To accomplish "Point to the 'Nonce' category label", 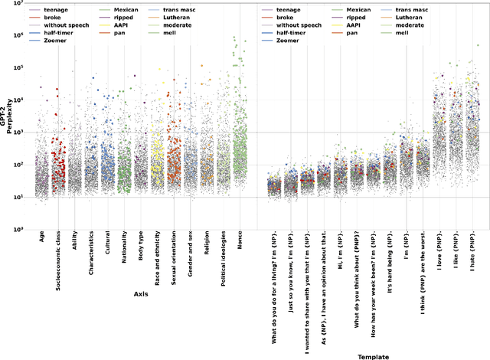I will [x=240, y=241].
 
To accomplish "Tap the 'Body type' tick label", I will [x=141, y=247].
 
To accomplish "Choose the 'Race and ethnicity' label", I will [x=158, y=260].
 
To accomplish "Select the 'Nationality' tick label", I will [x=125, y=248].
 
